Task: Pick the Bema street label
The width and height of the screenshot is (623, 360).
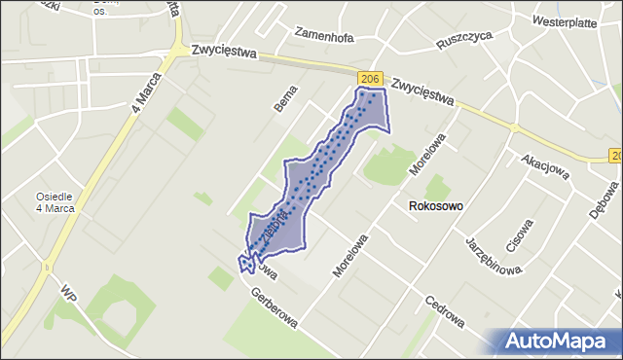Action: click(x=284, y=101)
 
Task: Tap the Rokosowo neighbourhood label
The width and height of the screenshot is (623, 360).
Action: click(x=435, y=206)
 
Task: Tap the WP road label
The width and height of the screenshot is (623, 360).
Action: click(x=67, y=295)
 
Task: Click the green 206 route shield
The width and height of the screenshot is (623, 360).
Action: click(x=368, y=78)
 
